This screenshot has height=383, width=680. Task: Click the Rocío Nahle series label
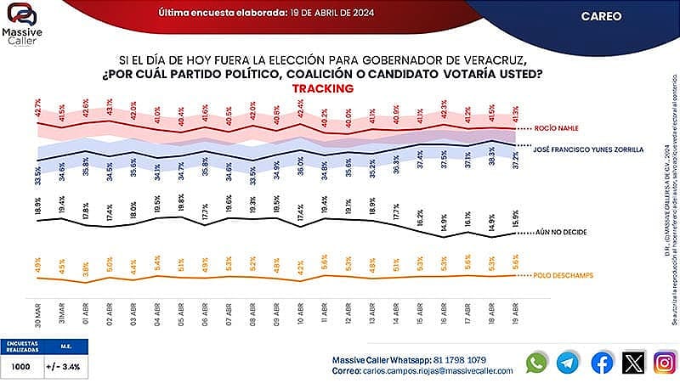[x=558, y=129]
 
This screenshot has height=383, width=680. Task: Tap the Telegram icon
[x=568, y=362]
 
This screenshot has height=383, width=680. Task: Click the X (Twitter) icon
[x=633, y=362]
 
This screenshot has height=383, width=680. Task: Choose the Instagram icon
[x=665, y=362]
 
